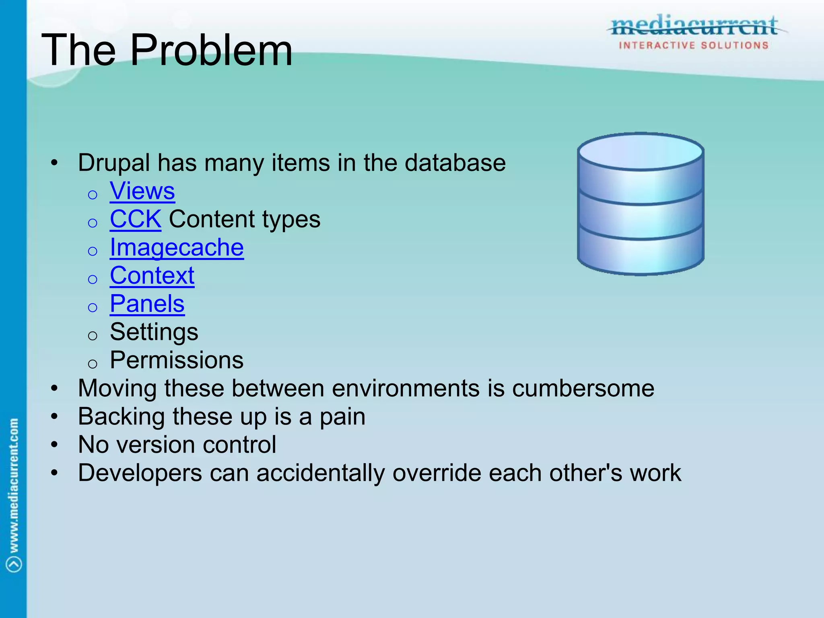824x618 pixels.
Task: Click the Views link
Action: [142, 191]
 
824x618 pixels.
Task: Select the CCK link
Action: [135, 219]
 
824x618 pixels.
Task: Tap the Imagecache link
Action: [177, 247]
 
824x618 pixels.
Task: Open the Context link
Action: [152, 276]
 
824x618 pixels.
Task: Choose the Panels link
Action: [147, 304]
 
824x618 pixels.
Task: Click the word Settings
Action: [154, 332]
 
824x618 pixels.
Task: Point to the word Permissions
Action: [177, 360]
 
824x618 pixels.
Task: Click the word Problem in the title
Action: [211, 50]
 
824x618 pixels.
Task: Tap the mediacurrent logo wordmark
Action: [694, 26]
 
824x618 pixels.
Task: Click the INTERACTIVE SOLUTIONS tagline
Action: [694, 45]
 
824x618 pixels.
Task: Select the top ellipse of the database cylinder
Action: [640, 152]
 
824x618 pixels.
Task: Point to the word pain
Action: [342, 417]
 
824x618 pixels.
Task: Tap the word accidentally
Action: [320, 473]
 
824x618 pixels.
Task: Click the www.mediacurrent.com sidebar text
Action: [14, 485]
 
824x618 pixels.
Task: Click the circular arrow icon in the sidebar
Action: [14, 564]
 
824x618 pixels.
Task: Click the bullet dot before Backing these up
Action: [55, 417]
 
